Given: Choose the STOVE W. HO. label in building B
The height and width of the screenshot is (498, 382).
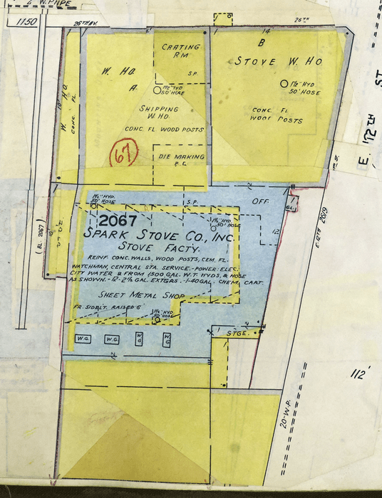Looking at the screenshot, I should pyautogui.click(x=279, y=62).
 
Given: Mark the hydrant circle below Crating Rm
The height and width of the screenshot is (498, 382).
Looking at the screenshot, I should pyautogui.click(x=158, y=90).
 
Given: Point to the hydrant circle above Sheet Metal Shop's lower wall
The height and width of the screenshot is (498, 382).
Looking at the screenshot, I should pyautogui.click(x=157, y=320).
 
